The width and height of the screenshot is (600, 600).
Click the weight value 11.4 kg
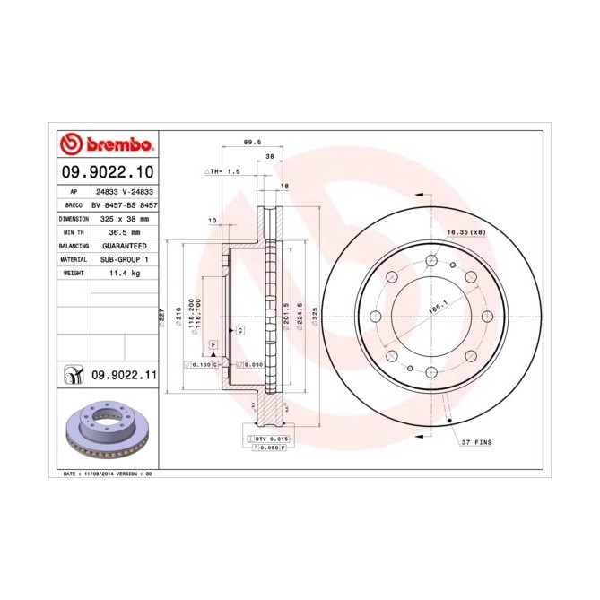pyautogui.click(x=125, y=272)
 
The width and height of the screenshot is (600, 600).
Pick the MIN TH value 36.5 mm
pyautogui.click(x=125, y=231)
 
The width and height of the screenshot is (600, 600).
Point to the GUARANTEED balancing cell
pyautogui.click(x=125, y=245)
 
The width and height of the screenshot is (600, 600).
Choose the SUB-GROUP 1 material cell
pyautogui.click(x=125, y=258)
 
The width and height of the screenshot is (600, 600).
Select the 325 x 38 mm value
pyautogui.click(x=125, y=218)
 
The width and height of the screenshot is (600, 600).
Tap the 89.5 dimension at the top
pyautogui.click(x=253, y=141)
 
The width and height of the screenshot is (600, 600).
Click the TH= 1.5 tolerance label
pyautogui.click(x=224, y=170)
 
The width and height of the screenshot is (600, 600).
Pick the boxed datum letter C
pyautogui.click(x=240, y=330)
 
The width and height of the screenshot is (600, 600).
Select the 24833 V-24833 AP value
pyautogui.click(x=125, y=192)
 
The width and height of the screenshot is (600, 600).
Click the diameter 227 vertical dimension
pyautogui.click(x=162, y=316)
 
